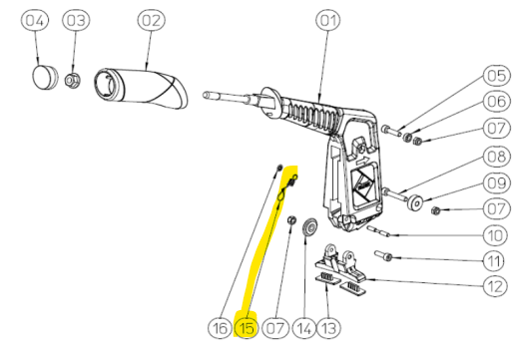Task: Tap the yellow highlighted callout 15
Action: [247, 326]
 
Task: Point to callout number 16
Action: [220, 326]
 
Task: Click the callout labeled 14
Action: [302, 326]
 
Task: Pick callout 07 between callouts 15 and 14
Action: [274, 326]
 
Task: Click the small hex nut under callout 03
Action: [73, 79]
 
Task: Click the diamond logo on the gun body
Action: [362, 180]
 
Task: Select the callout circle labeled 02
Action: [150, 20]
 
